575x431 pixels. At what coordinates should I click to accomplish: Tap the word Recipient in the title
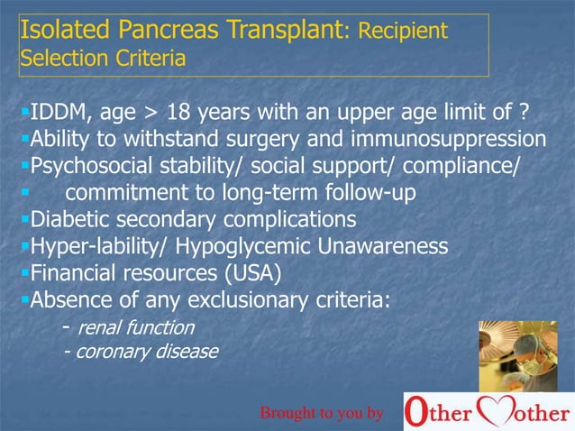403,32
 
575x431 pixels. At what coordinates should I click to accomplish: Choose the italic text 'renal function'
135,326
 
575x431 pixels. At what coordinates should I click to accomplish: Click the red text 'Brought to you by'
322,413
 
